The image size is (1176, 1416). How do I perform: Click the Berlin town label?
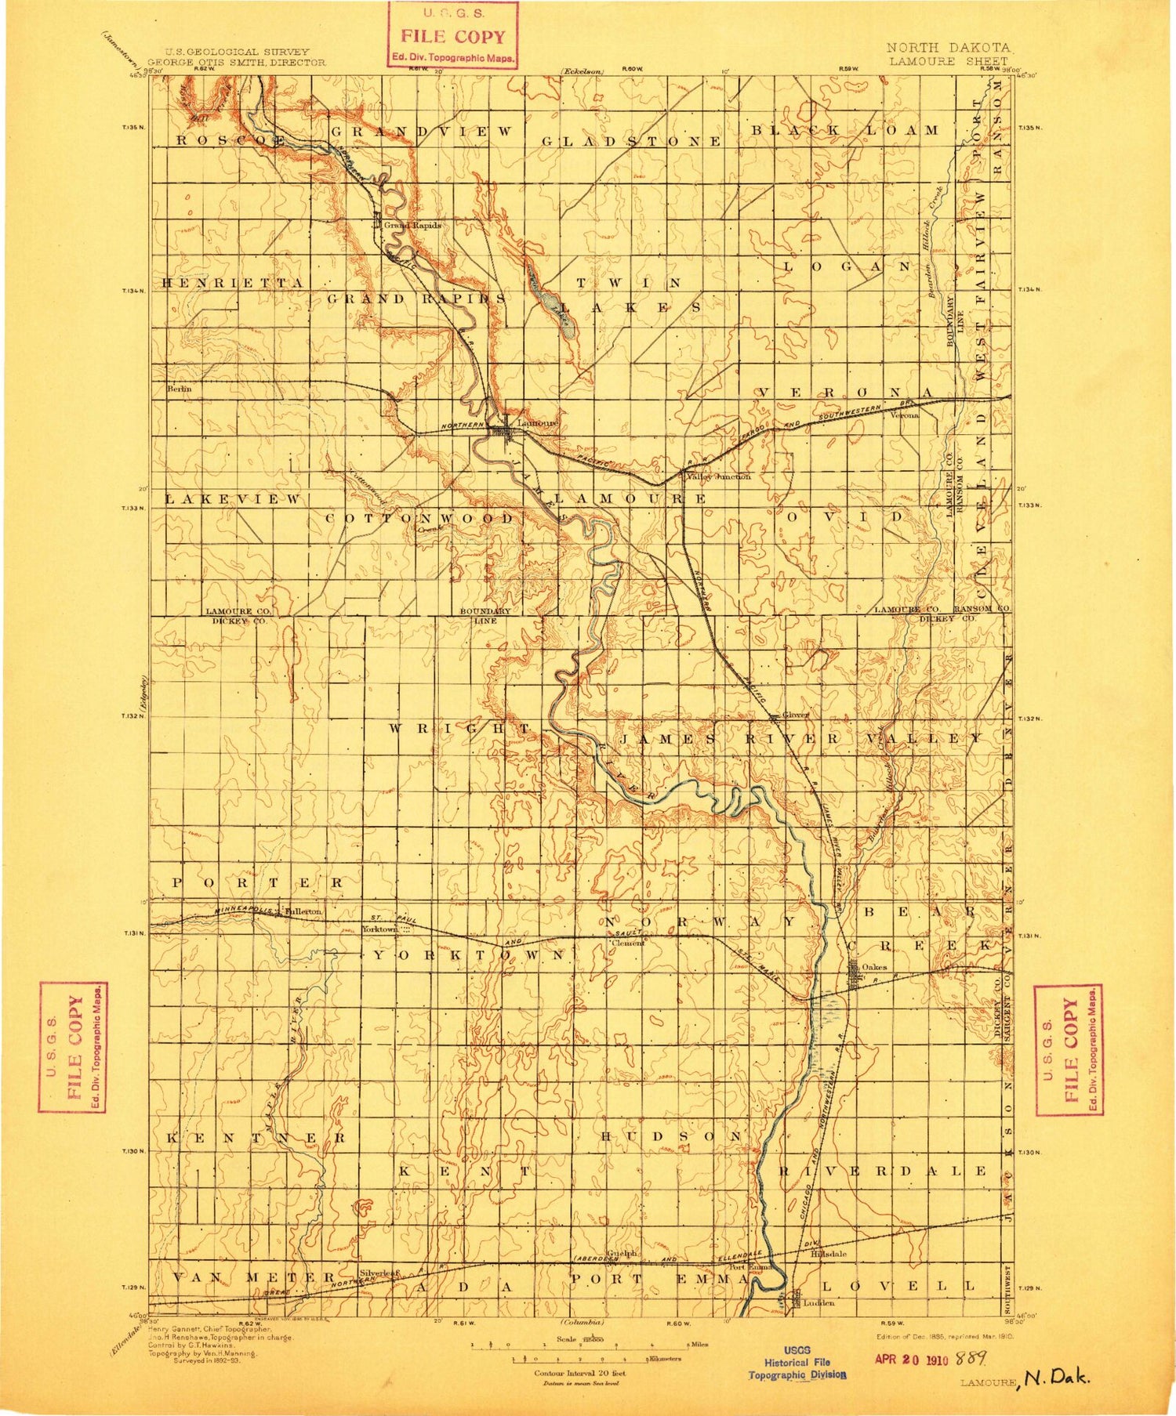(x=179, y=389)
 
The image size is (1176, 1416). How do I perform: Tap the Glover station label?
(x=797, y=715)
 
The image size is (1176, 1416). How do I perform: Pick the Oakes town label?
(x=874, y=967)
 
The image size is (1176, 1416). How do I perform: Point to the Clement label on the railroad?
(x=627, y=943)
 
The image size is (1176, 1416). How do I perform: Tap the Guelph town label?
(x=621, y=1254)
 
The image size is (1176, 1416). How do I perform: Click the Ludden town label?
(x=818, y=1303)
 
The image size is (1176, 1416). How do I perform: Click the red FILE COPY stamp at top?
(x=454, y=35)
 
